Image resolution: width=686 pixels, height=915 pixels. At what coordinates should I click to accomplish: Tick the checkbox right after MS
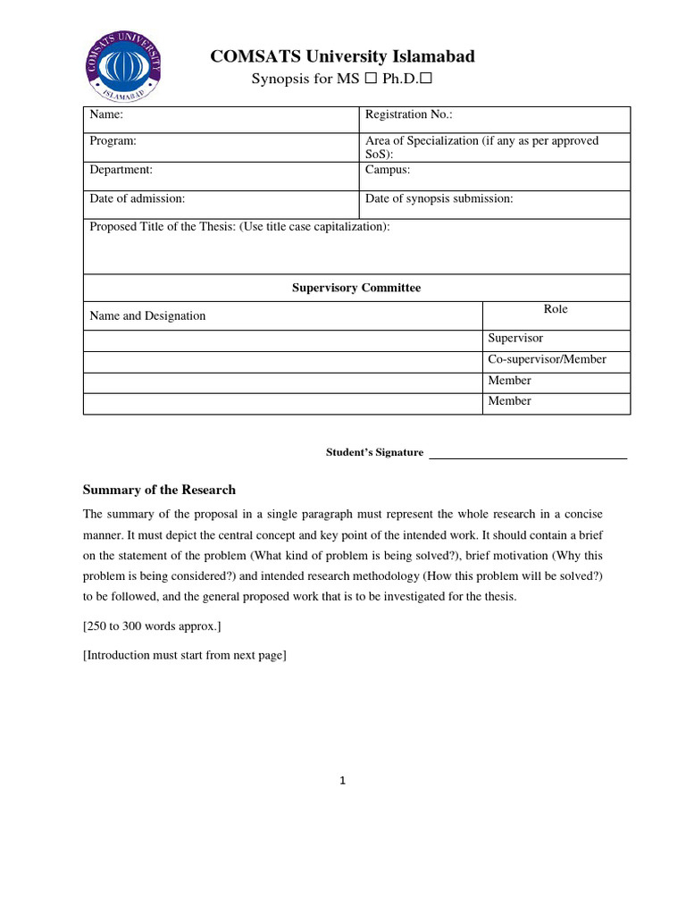coord(368,80)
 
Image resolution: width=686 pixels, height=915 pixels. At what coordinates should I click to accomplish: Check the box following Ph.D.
coord(426,80)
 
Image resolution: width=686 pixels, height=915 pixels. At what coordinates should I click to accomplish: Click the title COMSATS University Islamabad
coord(342,56)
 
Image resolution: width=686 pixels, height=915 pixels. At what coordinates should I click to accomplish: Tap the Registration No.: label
coord(409,115)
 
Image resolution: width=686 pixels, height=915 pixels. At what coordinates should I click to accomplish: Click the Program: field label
coord(113,141)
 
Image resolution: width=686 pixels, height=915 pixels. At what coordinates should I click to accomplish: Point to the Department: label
coord(121,169)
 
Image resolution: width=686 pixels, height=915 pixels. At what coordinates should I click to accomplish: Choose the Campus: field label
coord(388,169)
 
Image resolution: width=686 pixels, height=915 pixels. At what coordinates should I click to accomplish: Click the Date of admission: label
coord(137,198)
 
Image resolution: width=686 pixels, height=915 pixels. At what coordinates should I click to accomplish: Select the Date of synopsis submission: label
coord(439,198)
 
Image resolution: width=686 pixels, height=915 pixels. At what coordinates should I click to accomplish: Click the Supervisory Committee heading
coord(356,288)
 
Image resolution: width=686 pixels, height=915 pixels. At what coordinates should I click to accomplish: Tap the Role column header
coord(556,309)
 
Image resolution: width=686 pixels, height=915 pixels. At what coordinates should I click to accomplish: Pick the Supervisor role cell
coord(515,339)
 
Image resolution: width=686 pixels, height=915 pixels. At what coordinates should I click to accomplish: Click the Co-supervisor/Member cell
coord(547,359)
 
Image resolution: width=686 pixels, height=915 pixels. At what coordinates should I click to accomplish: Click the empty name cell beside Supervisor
coord(282,340)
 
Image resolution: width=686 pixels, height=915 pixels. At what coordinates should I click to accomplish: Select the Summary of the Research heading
coord(159,490)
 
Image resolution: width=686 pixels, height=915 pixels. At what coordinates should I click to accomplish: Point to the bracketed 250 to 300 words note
coord(152,626)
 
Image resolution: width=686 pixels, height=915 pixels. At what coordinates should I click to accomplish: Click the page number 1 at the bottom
coord(342,780)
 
